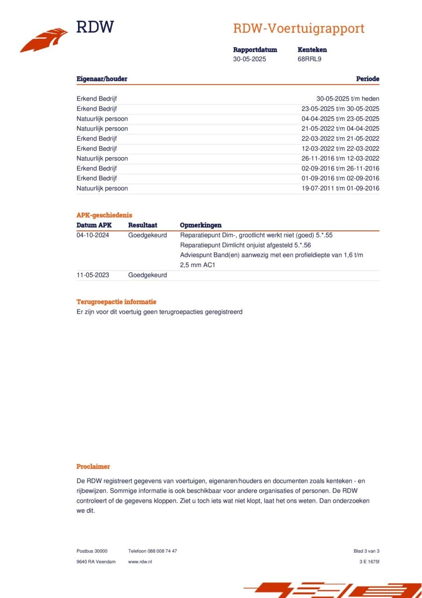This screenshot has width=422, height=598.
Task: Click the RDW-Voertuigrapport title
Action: [299, 28]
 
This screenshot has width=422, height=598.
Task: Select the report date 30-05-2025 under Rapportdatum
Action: [250, 59]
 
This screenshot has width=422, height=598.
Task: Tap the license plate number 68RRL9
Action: [309, 59]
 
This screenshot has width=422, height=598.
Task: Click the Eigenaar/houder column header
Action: [102, 79]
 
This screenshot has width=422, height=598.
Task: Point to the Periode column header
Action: [367, 79]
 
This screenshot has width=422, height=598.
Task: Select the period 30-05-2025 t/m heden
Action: [348, 99]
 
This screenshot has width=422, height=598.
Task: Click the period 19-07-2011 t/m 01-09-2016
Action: [340, 188]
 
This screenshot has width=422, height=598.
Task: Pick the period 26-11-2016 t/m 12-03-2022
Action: [340, 158]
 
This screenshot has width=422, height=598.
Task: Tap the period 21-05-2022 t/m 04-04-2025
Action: [340, 128]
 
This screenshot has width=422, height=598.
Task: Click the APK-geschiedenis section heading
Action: [104, 215]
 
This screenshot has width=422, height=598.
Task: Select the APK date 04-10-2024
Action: [93, 235]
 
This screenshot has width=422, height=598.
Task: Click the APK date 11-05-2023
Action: [93, 275]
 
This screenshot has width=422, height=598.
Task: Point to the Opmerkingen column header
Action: [201, 225]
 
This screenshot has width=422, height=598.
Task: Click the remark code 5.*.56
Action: [302, 245]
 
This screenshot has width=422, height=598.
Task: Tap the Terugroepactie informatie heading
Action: [116, 302]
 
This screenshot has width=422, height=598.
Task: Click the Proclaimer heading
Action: [93, 466]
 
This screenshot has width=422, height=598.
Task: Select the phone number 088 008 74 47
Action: [162, 551]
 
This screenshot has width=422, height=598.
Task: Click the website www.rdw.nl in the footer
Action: [140, 562]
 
